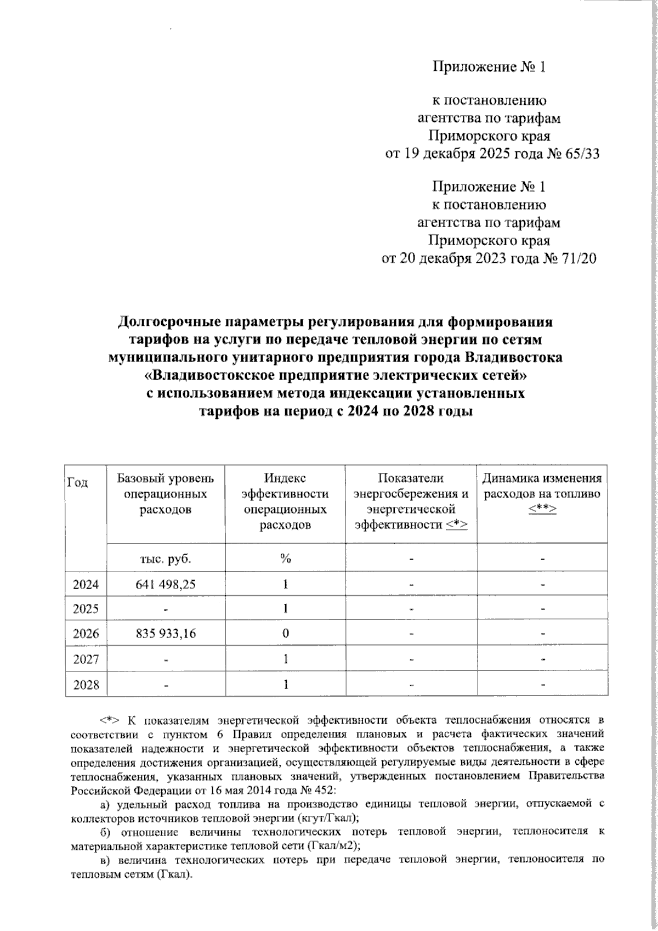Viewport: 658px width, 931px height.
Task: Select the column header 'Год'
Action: tap(78, 482)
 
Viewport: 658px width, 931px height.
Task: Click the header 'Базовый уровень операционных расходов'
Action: tap(166, 494)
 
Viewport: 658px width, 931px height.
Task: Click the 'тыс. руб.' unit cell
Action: tap(166, 558)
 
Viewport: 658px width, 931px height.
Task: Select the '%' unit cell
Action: tap(285, 558)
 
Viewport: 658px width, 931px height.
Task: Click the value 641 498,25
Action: tap(166, 584)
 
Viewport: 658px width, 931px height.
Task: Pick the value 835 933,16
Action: tap(166, 634)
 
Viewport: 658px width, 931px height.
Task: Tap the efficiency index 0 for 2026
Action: tap(285, 634)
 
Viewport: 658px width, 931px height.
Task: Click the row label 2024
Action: tap(86, 584)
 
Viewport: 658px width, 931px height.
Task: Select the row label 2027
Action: tap(86, 659)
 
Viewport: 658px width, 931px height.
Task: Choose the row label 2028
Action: tap(86, 685)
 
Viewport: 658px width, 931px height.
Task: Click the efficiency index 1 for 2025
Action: tap(285, 609)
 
